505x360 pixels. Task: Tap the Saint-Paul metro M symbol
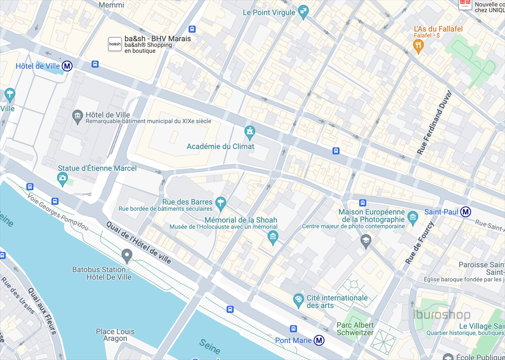click(x=466, y=212)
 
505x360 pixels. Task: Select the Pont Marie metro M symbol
click(x=320, y=340)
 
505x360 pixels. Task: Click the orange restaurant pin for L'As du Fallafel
click(x=418, y=46)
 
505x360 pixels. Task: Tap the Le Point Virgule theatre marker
click(x=303, y=12)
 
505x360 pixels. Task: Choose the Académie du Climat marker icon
click(x=250, y=132)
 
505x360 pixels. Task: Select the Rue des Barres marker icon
click(x=220, y=202)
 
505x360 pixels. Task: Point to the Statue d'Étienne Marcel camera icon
click(x=62, y=179)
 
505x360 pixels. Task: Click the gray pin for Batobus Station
click(x=127, y=255)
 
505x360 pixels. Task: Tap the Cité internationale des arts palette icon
click(x=298, y=299)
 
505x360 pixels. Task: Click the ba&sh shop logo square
click(x=115, y=44)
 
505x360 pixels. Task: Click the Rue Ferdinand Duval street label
click(x=434, y=123)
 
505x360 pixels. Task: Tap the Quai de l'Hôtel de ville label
click(x=139, y=242)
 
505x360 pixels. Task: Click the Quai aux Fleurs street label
click(x=42, y=311)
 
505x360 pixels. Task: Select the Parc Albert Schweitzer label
click(x=355, y=329)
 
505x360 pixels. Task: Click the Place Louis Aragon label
click(x=115, y=335)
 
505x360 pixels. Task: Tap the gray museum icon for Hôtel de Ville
click(x=77, y=117)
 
